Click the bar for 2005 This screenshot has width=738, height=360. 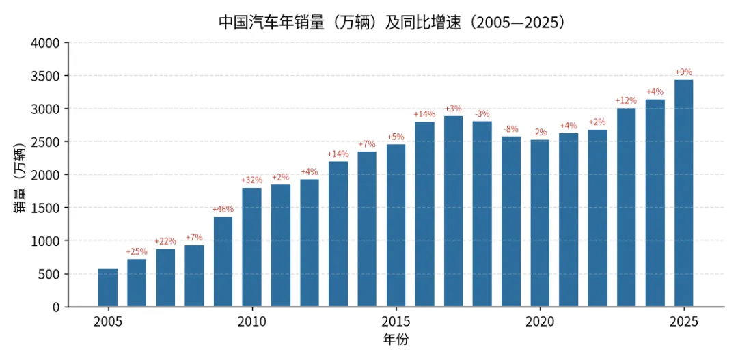[108, 288]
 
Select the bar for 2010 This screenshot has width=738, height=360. [251, 247]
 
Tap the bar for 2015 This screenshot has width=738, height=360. [396, 225]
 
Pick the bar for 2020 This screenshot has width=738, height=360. [540, 223]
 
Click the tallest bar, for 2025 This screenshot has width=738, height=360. [684, 193]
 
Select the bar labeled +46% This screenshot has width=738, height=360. [223, 262]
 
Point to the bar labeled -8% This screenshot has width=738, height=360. [511, 221]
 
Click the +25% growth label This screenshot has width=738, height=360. [137, 252]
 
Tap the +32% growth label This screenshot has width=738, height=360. [251, 180]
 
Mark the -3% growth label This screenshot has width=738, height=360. [482, 114]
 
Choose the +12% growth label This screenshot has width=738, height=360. [626, 100]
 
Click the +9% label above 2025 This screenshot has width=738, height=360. [684, 72]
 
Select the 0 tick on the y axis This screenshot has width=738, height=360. [57, 307]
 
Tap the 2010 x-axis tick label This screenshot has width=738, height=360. [251, 322]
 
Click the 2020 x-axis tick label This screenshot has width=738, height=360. [540, 322]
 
